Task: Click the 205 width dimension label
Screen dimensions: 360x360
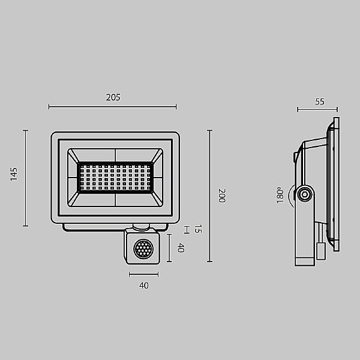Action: click(113, 97)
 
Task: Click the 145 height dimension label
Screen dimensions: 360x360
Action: click(14, 174)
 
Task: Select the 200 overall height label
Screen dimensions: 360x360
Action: click(222, 196)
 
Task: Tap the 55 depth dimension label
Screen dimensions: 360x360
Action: click(320, 102)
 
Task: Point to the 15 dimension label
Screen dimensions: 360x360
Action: click(198, 229)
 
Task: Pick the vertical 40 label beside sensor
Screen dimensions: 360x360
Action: click(181, 248)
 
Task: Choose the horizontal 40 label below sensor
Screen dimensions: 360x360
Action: click(144, 286)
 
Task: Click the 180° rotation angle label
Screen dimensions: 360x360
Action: click(280, 194)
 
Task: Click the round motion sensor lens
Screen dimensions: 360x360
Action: click(143, 248)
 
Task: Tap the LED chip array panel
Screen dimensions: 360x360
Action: click(115, 178)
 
